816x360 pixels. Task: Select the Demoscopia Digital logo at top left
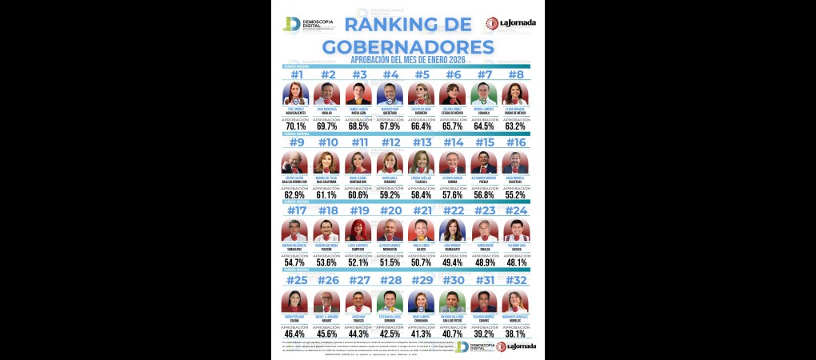pyautogui.click(x=305, y=24)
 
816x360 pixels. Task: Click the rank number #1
pyautogui.click(x=295, y=75)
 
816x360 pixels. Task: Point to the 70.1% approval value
pyautogui.click(x=295, y=126)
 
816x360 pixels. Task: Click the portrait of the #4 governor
pyautogui.click(x=390, y=94)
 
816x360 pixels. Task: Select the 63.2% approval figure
pyautogui.click(x=514, y=126)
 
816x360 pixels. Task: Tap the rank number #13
pyautogui.click(x=421, y=143)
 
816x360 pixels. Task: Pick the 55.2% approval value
pyautogui.click(x=514, y=194)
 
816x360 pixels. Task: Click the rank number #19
pyautogui.click(x=358, y=212)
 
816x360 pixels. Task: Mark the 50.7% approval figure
pyautogui.click(x=421, y=262)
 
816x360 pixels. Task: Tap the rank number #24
pyautogui.click(x=514, y=212)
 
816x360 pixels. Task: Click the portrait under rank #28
pyautogui.click(x=390, y=301)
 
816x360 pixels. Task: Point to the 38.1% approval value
pyautogui.click(x=514, y=332)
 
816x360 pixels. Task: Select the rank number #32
pyautogui.click(x=514, y=281)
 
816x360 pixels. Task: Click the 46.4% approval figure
pyautogui.click(x=295, y=332)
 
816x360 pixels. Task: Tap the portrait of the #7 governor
pyautogui.click(x=483, y=94)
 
